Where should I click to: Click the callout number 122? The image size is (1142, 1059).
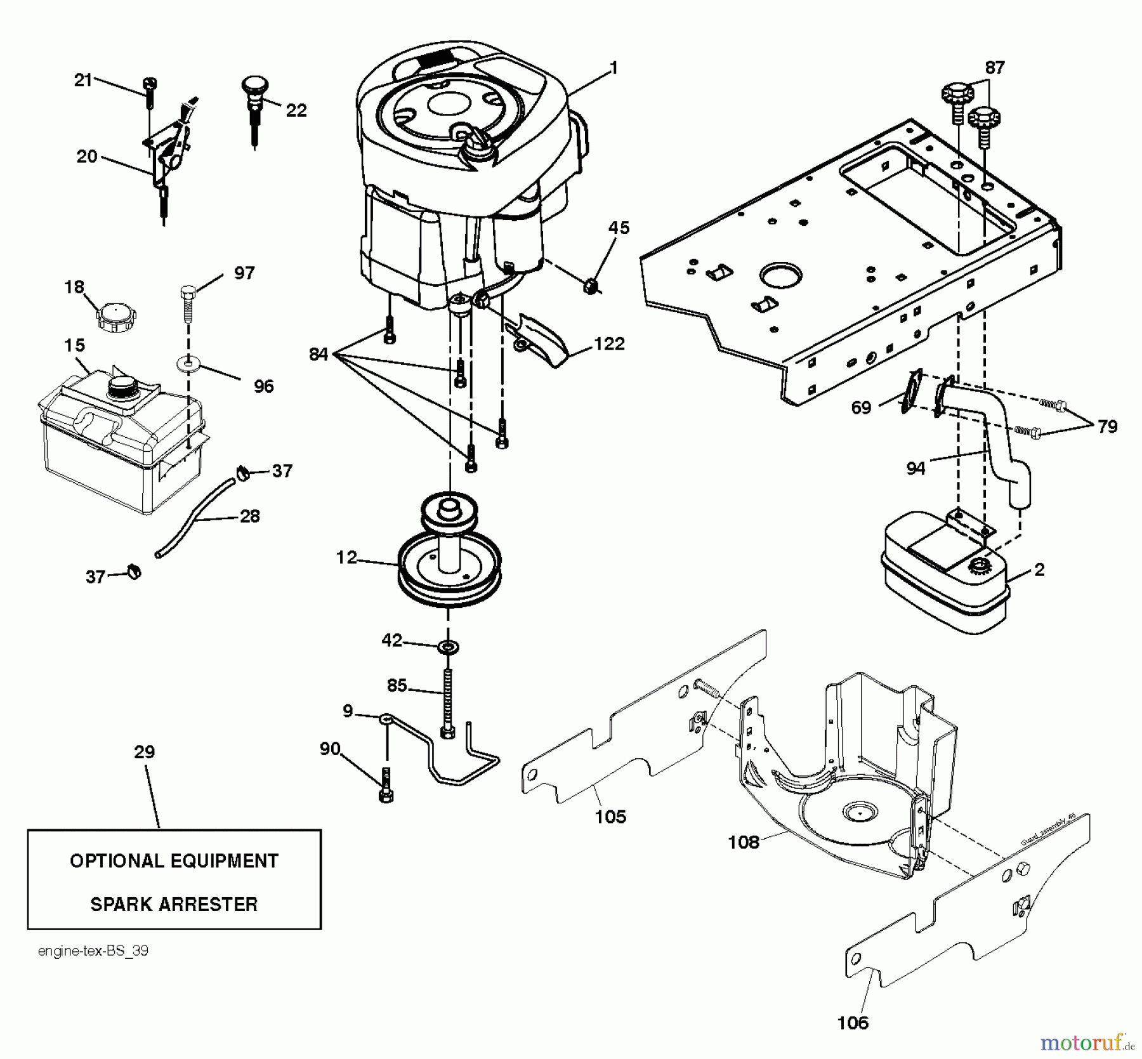[609, 344]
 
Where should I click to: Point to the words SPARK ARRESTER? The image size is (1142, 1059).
[174, 904]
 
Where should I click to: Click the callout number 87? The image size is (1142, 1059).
[994, 67]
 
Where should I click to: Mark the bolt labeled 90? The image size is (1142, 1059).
[386, 786]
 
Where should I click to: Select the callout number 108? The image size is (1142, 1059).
[744, 842]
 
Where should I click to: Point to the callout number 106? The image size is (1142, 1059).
[853, 1022]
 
